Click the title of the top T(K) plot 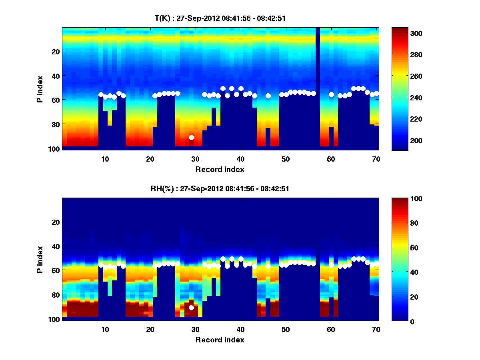pos(220,18)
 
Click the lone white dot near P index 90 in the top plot pos(191,137)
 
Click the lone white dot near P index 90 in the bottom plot pos(191,308)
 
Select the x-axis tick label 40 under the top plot pos(240,159)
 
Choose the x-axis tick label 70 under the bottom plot pos(376,330)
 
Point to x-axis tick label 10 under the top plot pos(105,159)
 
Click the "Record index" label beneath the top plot pos(220,169)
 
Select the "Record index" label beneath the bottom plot pos(220,340)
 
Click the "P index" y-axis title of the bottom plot pos(40,259)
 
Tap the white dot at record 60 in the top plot pos(331,94)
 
